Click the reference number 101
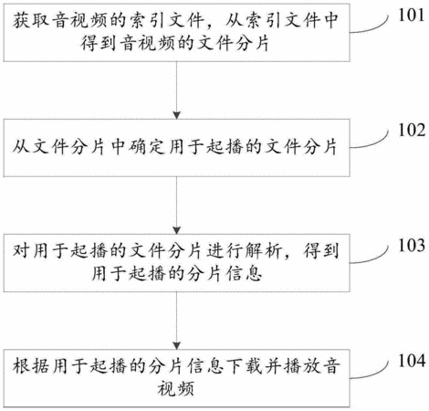[412, 15]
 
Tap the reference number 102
[412, 130]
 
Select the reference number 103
[412, 245]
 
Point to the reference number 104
[412, 361]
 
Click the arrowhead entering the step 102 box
[176, 115]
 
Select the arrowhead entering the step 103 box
[176, 230]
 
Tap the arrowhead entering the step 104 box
[176, 345]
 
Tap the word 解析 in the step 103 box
[263, 251]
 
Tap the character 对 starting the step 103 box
[21, 251]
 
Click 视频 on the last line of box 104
[176, 389]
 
